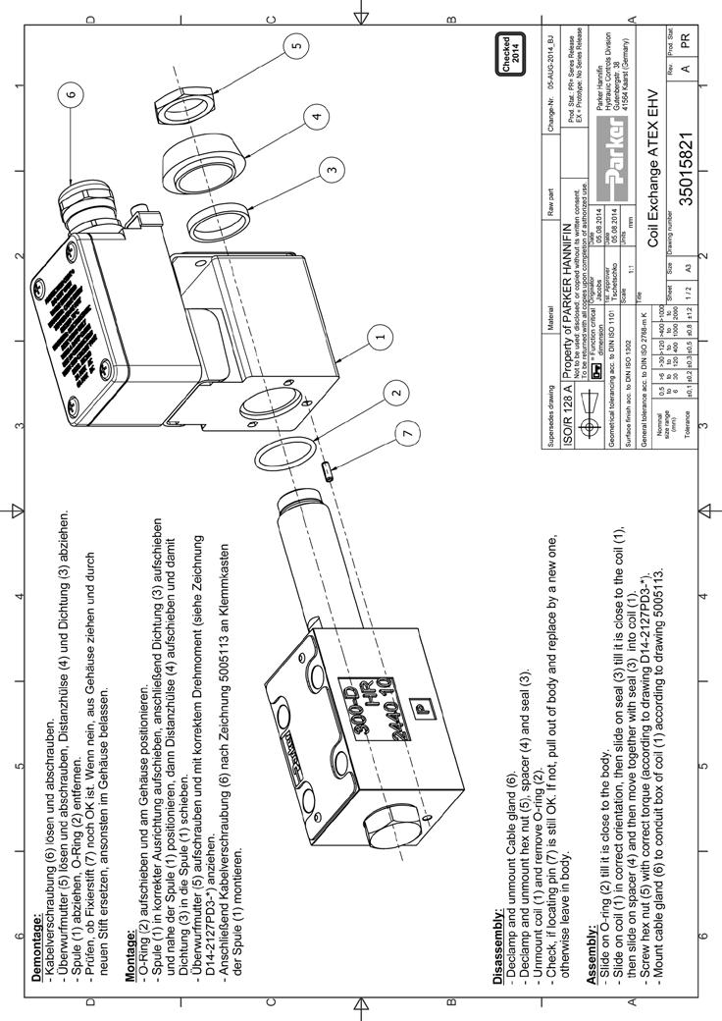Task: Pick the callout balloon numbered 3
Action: (335, 168)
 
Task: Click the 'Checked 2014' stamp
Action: (516, 47)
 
